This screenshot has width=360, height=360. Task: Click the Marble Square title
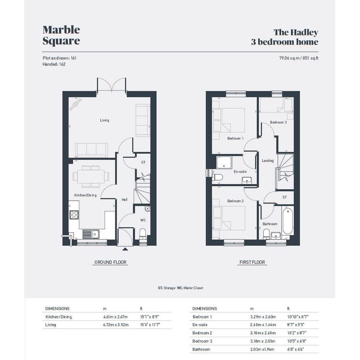click(61, 35)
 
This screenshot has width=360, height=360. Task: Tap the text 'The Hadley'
click(296, 32)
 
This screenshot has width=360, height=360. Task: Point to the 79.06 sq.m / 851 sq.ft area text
click(299, 58)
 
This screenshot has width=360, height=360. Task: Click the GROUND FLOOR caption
click(110, 262)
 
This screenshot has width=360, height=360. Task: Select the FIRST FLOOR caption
click(252, 262)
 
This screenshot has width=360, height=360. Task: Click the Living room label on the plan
click(104, 120)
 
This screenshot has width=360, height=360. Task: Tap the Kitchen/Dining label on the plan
click(85, 195)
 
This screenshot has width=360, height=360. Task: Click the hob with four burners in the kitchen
click(74, 215)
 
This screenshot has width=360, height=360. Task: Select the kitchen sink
click(91, 234)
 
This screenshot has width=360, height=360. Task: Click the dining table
click(91, 176)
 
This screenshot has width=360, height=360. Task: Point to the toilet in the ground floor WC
click(142, 234)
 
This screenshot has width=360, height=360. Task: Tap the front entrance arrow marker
click(125, 249)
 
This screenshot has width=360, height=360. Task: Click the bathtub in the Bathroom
click(288, 221)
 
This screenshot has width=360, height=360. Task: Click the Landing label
click(268, 161)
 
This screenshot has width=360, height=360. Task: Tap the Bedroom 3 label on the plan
click(278, 122)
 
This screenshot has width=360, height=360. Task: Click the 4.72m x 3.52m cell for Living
click(116, 325)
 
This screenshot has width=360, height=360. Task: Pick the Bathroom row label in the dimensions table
click(202, 349)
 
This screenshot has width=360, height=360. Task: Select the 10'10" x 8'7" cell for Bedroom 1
click(298, 317)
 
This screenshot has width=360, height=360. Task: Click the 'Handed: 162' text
click(54, 64)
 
